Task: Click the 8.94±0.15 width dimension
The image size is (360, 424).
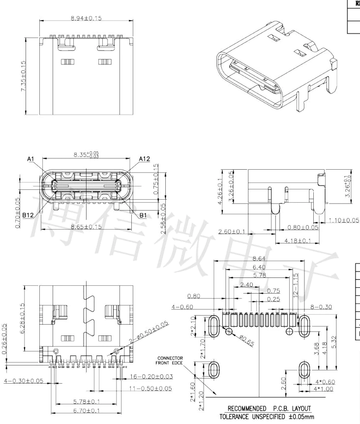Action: (86, 18)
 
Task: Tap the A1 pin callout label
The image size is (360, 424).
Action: (31, 159)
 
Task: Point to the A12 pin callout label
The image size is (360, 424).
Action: (145, 159)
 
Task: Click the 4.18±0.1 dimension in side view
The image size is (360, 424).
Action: (298, 241)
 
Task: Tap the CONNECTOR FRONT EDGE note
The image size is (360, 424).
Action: (170, 362)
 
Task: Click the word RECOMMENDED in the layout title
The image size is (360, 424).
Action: (247, 408)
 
